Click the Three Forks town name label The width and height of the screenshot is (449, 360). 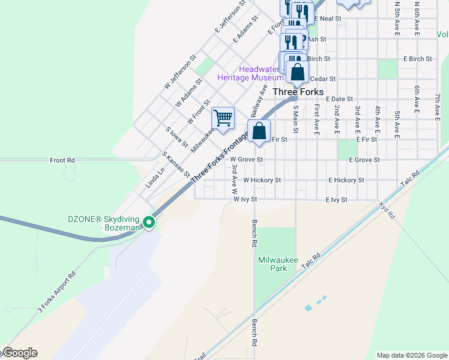click(298, 92)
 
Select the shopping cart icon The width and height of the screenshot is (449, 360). click(223, 118)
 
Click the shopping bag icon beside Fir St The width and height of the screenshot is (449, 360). click(259, 131)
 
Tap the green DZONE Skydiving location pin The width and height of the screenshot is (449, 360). click(149, 223)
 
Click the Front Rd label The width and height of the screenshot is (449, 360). click(62, 160)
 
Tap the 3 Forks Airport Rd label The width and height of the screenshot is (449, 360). click(57, 292)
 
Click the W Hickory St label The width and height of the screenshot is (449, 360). click(262, 180)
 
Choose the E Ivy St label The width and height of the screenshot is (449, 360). click(336, 199)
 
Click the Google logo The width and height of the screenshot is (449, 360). click(20, 353)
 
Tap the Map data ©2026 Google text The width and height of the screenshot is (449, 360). click(411, 355)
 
